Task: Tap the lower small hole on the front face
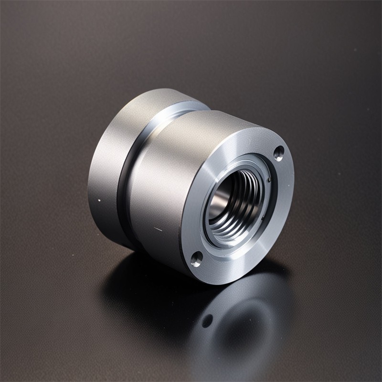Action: click(197, 259)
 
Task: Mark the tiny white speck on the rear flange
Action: click(99, 200)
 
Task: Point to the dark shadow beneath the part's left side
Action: click(119, 267)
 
